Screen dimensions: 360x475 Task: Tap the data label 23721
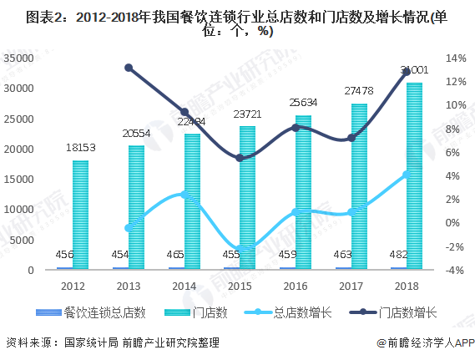tap(249, 114)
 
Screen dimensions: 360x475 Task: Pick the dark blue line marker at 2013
tap(129, 68)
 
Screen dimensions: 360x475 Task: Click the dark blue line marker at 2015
tap(240, 157)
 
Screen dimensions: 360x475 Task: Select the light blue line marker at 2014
tap(184, 195)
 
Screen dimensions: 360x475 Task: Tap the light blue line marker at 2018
tap(407, 175)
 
